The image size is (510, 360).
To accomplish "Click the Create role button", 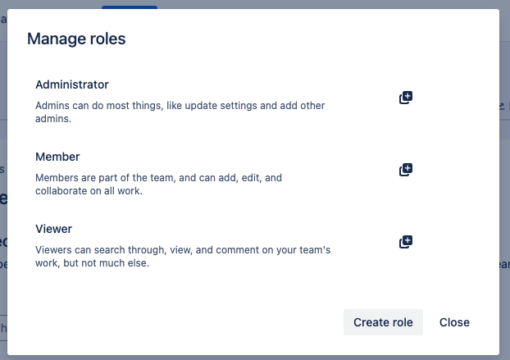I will (383, 322).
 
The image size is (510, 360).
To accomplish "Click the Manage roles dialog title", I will (76, 39).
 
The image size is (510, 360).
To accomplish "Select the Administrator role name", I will (72, 84).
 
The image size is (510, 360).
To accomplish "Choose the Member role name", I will (57, 157).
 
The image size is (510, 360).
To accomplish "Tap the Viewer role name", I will (54, 229).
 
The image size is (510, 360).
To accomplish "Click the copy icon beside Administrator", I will (405, 98).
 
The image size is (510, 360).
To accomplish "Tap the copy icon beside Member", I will (405, 170).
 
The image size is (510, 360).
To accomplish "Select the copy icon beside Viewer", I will (405, 242).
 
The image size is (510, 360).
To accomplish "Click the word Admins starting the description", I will (52, 106).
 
